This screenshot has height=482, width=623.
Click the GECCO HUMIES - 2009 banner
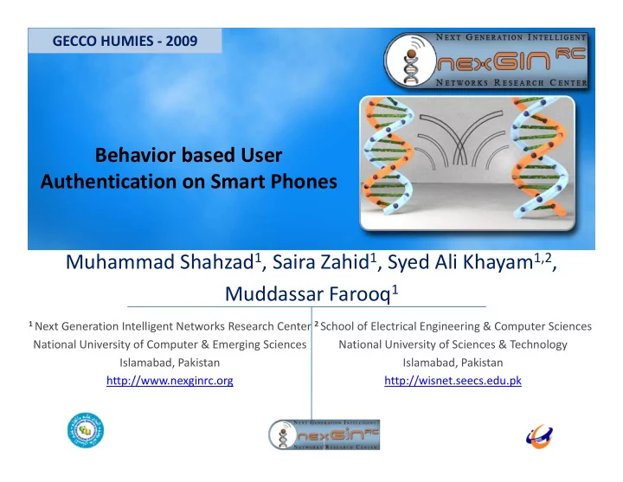125,41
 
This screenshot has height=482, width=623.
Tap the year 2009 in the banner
182,41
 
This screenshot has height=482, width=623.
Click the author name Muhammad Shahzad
160,262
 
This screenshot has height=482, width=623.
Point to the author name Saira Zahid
321,262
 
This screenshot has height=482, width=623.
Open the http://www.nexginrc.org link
170,381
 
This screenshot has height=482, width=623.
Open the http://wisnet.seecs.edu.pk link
453,381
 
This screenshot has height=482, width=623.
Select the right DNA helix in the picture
539,157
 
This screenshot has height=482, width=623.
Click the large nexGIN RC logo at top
486,61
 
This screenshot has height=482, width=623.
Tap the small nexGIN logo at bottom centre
324,434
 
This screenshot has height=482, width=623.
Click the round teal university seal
86,430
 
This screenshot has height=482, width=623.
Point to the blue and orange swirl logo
539,436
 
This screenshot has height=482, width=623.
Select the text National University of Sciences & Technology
453,344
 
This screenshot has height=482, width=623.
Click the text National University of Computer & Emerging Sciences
170,344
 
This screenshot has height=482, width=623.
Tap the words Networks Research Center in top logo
511,83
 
